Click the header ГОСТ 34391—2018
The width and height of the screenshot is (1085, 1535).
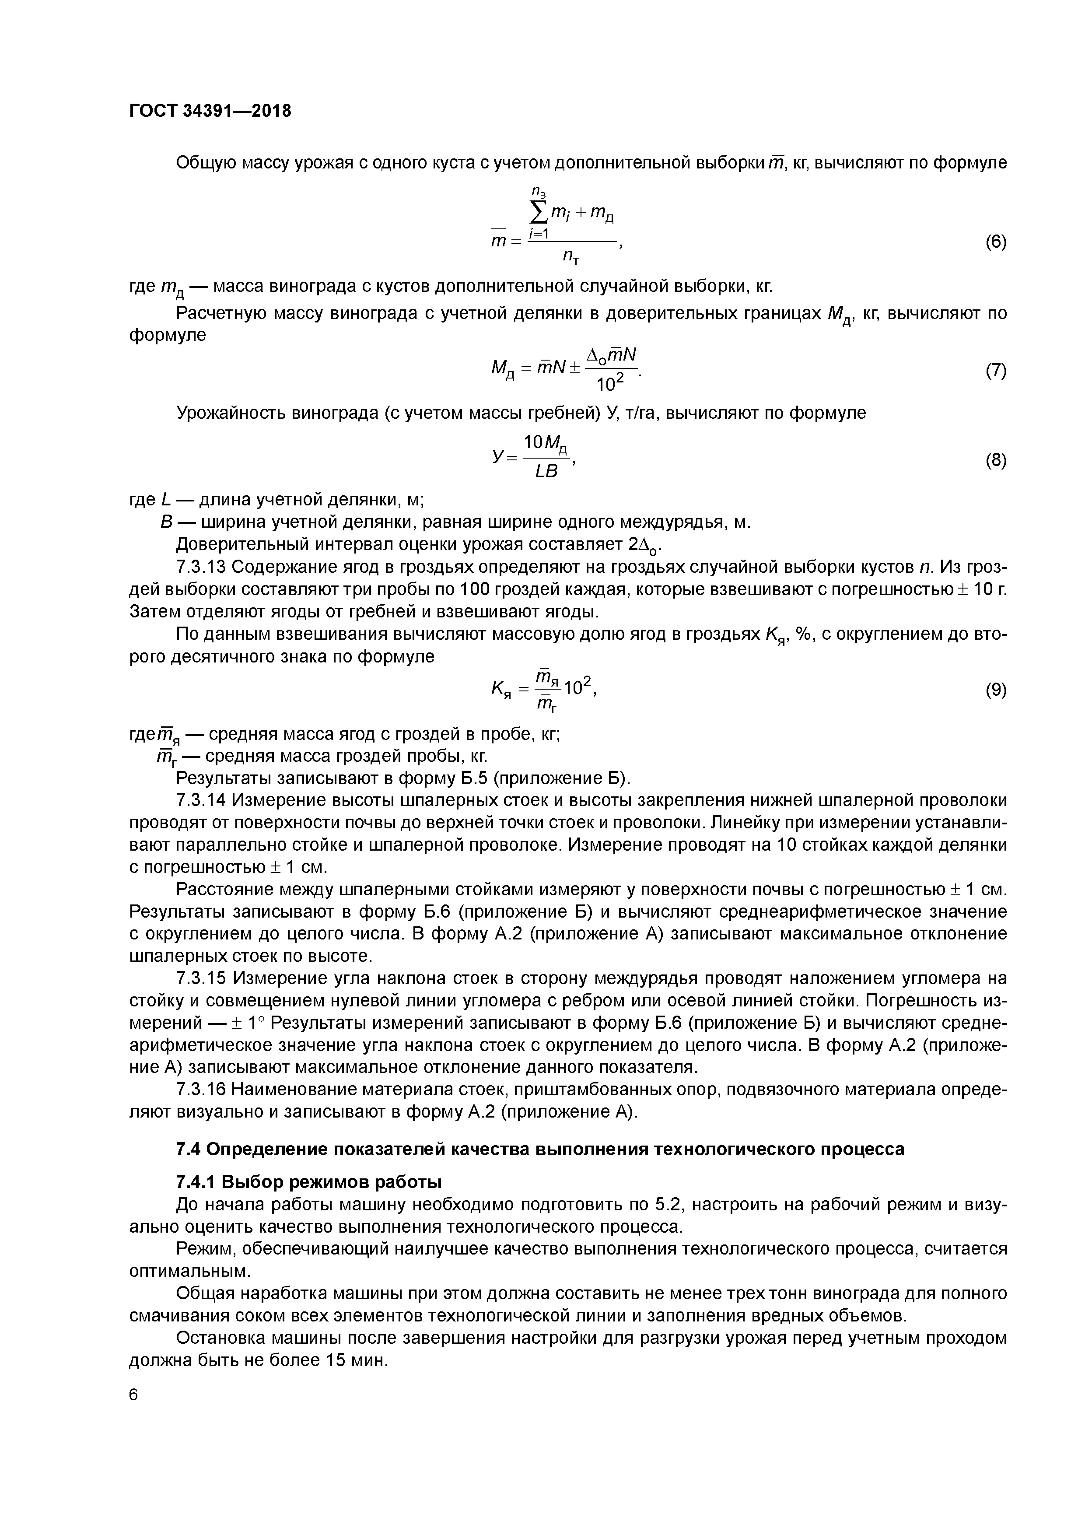pos(210,111)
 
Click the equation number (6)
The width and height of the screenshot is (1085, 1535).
pos(995,242)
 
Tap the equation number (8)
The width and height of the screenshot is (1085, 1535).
pos(995,460)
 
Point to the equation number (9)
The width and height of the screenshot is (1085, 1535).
pos(995,690)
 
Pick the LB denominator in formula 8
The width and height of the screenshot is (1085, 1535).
pos(546,472)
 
